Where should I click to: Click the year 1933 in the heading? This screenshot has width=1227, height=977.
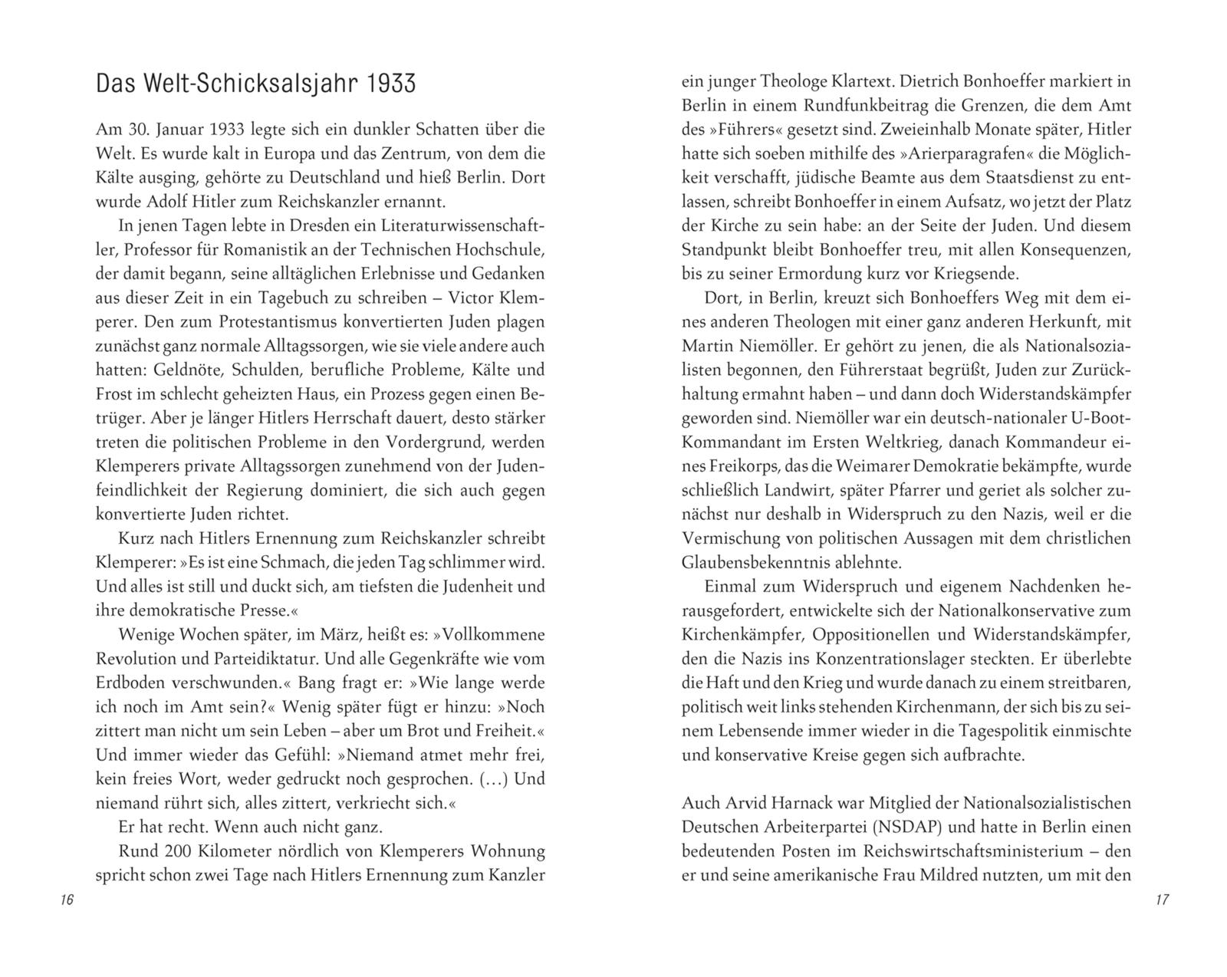[391, 84]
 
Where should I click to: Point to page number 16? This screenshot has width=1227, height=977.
[66, 900]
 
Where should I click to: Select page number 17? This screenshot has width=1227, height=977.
[1161, 900]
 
